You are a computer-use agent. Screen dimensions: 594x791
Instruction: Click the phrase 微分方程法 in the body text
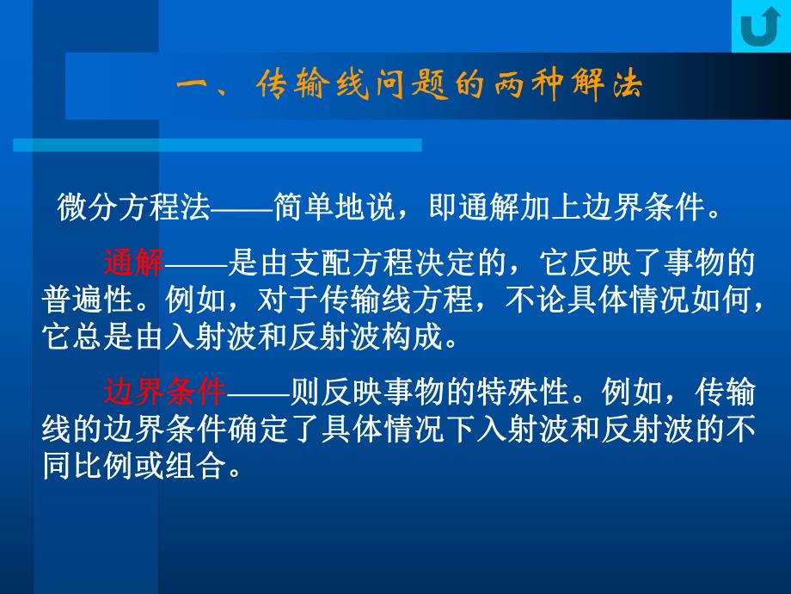pyautogui.click(x=133, y=207)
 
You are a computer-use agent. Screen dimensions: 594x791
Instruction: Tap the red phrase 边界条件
pyautogui.click(x=164, y=393)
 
